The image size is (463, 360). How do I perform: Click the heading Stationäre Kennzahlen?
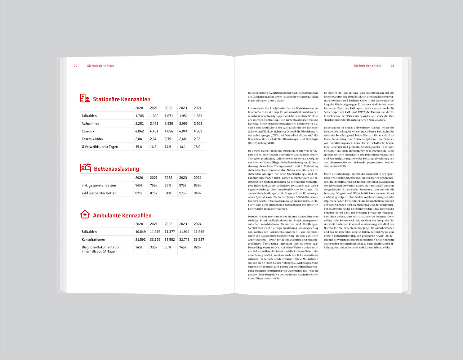click(x=121, y=99)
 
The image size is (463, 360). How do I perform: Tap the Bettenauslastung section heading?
click(x=116, y=169)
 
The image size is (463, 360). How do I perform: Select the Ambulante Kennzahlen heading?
click(x=122, y=216)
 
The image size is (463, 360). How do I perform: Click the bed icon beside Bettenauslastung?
click(x=85, y=167)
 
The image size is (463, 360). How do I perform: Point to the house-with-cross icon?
click(x=85, y=215)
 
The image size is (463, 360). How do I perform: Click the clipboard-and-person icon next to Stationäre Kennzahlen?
click(x=85, y=98)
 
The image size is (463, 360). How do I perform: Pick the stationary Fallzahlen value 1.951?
click(x=183, y=116)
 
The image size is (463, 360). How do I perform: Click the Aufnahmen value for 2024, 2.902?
click(x=198, y=124)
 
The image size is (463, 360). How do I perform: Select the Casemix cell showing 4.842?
click(x=139, y=131)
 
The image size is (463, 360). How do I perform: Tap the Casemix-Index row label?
click(x=92, y=139)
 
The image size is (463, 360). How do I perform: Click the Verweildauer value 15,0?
click(x=197, y=147)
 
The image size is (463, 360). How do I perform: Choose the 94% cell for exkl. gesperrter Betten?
click(x=197, y=193)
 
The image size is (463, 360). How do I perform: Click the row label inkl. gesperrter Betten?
click(x=99, y=185)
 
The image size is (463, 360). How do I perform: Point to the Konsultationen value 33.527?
click(x=199, y=240)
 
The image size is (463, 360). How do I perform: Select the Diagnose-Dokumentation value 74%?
click(x=183, y=247)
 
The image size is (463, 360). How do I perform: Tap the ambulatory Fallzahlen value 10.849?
click(x=140, y=232)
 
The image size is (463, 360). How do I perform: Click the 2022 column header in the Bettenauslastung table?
click(x=168, y=178)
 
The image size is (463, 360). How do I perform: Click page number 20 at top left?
click(x=76, y=66)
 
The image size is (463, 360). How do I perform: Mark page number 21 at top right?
click(x=393, y=66)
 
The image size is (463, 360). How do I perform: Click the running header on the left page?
click(x=101, y=66)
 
